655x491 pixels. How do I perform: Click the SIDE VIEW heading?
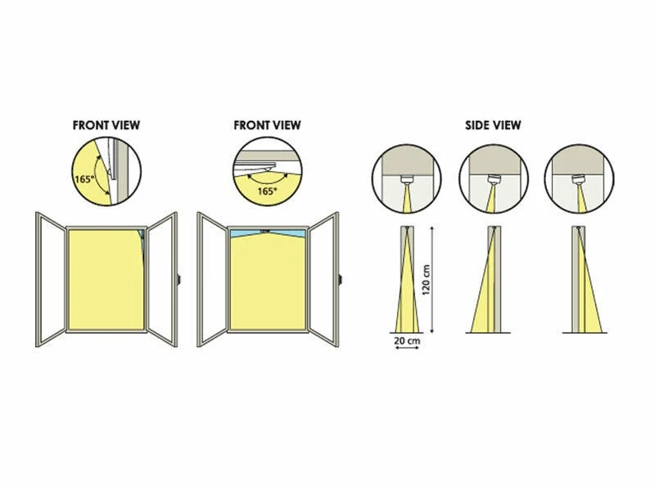tap(493, 125)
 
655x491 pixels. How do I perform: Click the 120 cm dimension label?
tap(426, 280)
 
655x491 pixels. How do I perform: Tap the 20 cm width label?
tap(407, 340)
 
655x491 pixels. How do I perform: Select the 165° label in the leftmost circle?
tap(84, 179)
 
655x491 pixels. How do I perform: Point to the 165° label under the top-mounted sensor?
tap(267, 191)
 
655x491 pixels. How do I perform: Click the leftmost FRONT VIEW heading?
tap(106, 125)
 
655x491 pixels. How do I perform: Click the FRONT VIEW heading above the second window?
tap(267, 125)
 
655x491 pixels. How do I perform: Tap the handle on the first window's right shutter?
tap(178, 279)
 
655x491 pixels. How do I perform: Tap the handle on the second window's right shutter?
tap(340, 279)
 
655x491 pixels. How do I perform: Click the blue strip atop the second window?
tap(268, 233)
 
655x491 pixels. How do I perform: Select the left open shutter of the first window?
tap(51, 279)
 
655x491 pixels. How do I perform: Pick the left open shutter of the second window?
tap(212, 279)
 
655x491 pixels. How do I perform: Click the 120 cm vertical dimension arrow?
tap(432, 280)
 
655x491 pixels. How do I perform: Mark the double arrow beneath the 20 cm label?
tap(407, 347)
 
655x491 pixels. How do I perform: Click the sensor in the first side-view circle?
tap(406, 180)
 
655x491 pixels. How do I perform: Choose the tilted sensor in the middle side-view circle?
tap(494, 180)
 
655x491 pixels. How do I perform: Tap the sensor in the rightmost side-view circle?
tap(579, 180)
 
